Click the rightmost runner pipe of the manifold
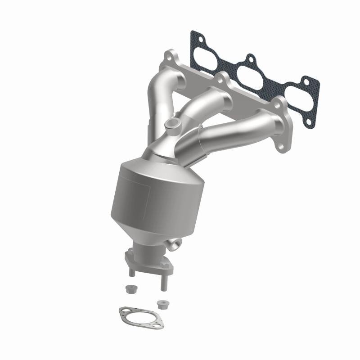tap(234, 130)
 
